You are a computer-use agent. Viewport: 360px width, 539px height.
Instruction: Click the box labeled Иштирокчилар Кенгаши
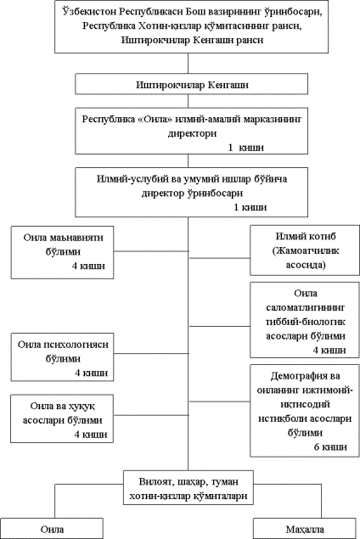(192, 84)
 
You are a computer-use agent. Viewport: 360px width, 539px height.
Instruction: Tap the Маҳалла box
(305, 529)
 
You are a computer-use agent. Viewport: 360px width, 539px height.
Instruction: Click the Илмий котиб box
(305, 250)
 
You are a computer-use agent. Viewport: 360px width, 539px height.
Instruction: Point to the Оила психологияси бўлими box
(62, 357)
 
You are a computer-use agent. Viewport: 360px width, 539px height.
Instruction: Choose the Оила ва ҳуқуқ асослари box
(62, 418)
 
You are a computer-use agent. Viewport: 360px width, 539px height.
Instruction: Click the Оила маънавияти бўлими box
(62, 252)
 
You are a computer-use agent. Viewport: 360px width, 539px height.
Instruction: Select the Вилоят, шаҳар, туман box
(188, 487)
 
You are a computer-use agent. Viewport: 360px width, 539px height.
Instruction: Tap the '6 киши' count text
(330, 446)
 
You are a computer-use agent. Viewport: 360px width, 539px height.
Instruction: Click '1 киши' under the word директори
(246, 148)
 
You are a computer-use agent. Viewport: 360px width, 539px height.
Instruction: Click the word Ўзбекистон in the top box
(89, 12)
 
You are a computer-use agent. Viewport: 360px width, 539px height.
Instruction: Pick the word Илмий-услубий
(133, 179)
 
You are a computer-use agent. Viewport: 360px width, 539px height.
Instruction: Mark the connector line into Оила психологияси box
(151, 353)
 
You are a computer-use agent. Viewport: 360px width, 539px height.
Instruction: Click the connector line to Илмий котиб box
(220, 258)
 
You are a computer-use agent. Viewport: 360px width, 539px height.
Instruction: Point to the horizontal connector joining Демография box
(220, 401)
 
